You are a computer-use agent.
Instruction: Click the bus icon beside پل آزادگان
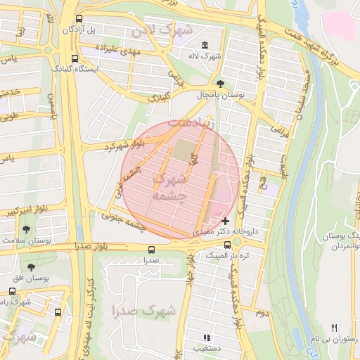(x=78, y=19)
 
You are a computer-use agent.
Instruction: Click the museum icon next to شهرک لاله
(x=204, y=46)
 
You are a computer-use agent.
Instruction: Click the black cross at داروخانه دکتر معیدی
(x=225, y=221)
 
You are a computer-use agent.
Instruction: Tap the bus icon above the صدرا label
(x=151, y=250)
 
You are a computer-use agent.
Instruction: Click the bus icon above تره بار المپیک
(x=226, y=245)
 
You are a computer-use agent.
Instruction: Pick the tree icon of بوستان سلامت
(x=27, y=229)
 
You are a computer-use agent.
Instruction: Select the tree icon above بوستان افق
(x=31, y=267)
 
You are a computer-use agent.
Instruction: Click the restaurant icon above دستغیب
(x=206, y=337)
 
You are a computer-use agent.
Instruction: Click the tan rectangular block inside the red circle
(x=184, y=150)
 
